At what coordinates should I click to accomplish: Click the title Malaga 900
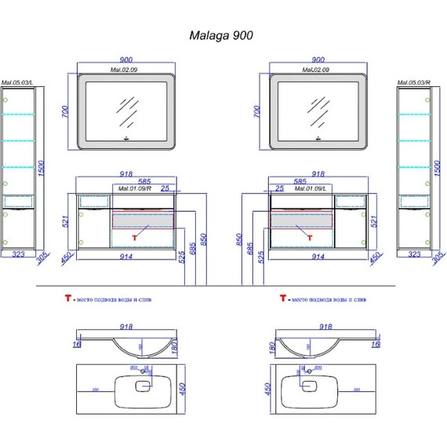pos(222,35)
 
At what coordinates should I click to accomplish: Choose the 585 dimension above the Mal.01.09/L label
pos(300,181)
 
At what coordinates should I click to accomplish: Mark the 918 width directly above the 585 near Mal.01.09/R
pos(127,175)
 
